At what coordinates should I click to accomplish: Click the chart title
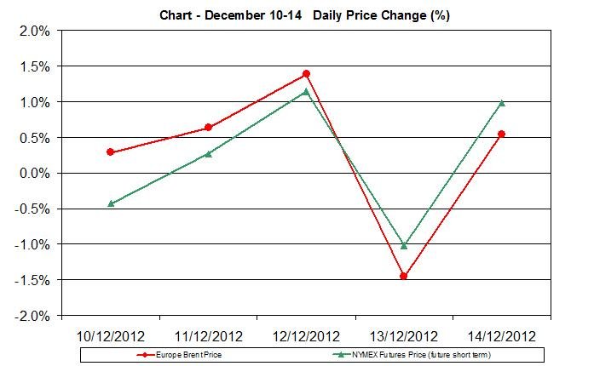304,15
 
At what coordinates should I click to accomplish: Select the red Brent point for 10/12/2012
110,152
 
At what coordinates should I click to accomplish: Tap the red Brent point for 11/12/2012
208,128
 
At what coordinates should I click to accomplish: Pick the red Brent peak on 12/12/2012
306,74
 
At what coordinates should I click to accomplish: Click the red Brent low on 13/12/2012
404,276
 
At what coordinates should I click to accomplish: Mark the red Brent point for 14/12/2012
501,134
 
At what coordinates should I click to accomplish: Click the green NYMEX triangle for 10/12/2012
110,203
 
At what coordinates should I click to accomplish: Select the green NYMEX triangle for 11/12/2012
208,154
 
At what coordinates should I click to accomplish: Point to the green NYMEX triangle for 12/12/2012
306,92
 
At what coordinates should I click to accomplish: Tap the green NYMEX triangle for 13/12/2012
404,245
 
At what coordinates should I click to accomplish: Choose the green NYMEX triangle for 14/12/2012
501,103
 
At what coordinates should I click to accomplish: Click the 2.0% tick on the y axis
34,31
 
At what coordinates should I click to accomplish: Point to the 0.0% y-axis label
34,174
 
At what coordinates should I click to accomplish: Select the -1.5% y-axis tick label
32,280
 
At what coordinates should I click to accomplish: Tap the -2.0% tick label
32,316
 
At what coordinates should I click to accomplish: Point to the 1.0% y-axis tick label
34,102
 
